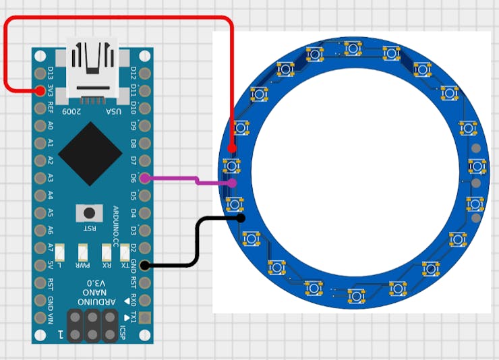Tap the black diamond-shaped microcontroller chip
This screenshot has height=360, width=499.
click(90, 154)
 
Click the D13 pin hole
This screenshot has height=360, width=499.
click(39, 72)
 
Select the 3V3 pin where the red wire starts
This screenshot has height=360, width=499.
click(39, 90)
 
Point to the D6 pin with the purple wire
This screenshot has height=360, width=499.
click(144, 178)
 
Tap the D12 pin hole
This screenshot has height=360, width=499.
click(144, 72)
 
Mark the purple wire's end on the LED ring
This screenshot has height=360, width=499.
click(232, 183)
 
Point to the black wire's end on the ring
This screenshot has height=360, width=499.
click(241, 218)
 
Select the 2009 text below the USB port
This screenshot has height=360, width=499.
click(71, 110)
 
